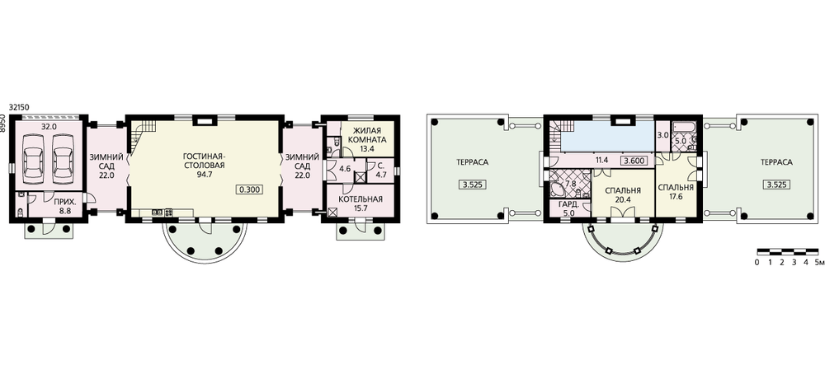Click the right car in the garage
click(62, 156)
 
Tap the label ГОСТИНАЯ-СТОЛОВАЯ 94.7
click(204, 166)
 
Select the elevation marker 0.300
click(249, 190)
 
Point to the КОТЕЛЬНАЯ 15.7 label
click(361, 204)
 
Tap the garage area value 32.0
click(49, 126)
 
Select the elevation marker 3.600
click(634, 161)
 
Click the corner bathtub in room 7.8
click(556, 189)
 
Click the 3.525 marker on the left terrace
click(471, 184)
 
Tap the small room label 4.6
click(345, 169)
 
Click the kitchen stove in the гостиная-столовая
click(169, 212)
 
